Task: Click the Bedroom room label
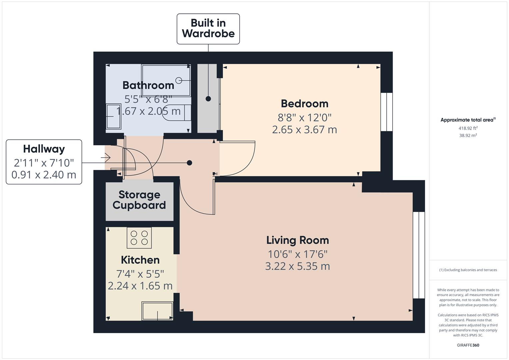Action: pyautogui.click(x=304, y=104)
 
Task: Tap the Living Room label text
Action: pyautogui.click(x=297, y=240)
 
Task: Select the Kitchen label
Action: pyautogui.click(x=140, y=260)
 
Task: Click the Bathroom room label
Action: pyautogui.click(x=148, y=85)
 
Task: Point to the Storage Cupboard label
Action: pyautogui.click(x=139, y=200)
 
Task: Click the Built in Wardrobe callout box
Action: pyautogui.click(x=208, y=29)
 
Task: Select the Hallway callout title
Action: pyautogui.click(x=44, y=149)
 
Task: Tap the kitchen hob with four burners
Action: pyautogui.click(x=139, y=238)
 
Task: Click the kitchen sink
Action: pyautogui.click(x=157, y=311)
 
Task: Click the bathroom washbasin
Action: pyautogui.click(x=113, y=116)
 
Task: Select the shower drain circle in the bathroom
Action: pyautogui.click(x=179, y=80)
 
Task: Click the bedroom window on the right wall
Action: pyautogui.click(x=387, y=112)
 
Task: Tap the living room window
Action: pyautogui.click(x=419, y=255)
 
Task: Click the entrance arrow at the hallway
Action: pyautogui.click(x=106, y=157)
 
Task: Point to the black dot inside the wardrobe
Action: pyautogui.click(x=208, y=99)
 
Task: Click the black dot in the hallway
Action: pyautogui.click(x=189, y=163)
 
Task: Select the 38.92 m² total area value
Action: pyautogui.click(x=468, y=135)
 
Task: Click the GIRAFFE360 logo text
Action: pyautogui.click(x=468, y=345)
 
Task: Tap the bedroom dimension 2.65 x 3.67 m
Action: pyautogui.click(x=304, y=130)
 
